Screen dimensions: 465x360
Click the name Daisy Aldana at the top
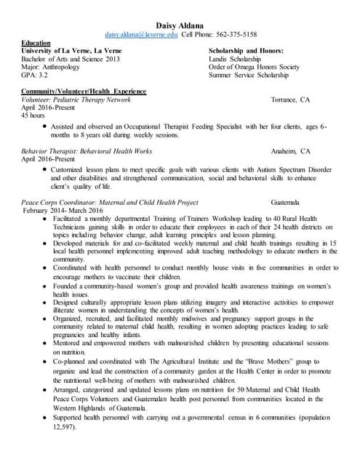[180, 24]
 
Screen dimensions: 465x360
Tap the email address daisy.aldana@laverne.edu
[141, 34]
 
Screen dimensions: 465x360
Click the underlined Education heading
[36, 43]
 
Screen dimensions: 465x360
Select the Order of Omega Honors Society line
[252, 67]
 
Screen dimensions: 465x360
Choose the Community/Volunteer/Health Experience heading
[84, 92]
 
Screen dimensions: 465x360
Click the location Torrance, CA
[289, 100]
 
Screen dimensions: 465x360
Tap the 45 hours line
[34, 115]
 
